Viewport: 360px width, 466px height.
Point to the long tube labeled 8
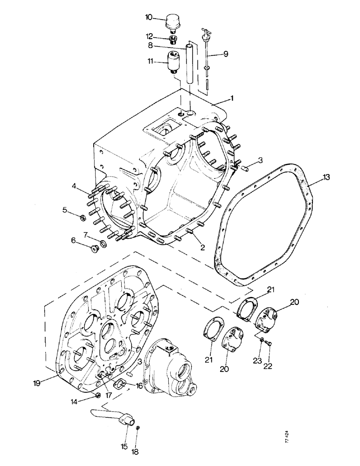(189, 63)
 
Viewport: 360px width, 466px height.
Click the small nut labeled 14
(98, 396)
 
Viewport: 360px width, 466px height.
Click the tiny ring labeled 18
(137, 428)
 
